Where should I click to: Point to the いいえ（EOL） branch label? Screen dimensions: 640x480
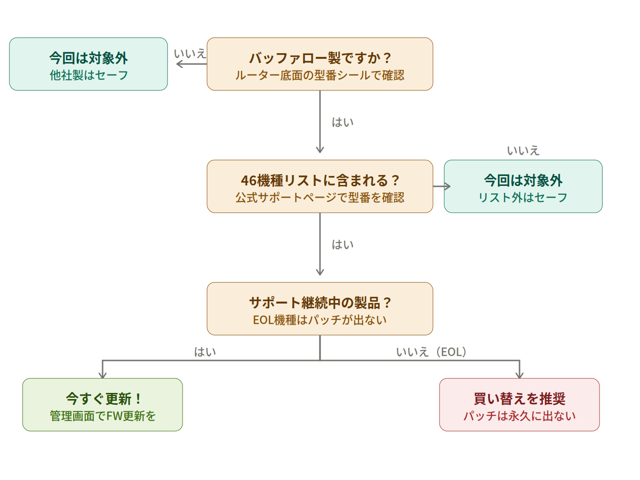click(431, 352)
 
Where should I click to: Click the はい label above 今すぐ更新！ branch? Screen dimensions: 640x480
click(205, 352)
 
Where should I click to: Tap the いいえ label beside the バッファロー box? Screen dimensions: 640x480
click(190, 54)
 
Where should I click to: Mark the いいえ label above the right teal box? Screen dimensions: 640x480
click(523, 151)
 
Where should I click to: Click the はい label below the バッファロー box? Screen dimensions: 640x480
click(343, 122)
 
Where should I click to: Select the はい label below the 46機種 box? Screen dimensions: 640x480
click(343, 245)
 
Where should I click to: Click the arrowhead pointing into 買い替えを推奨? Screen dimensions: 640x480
click(519, 375)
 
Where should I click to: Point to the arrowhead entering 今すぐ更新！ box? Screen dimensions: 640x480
click(103, 375)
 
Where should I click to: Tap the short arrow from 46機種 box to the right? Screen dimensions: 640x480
click(441, 186)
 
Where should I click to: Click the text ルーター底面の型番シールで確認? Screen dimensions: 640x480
click(320, 75)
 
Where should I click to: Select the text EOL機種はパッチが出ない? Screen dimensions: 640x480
click(320, 320)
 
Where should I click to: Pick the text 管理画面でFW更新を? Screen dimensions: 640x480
click(103, 416)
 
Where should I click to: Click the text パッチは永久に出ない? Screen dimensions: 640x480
click(519, 416)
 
